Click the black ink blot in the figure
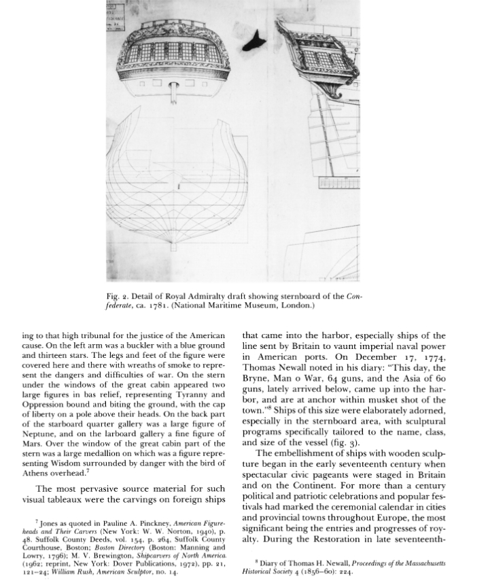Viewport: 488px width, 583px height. tap(257, 40)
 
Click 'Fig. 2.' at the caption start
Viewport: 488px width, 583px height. tap(119, 297)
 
